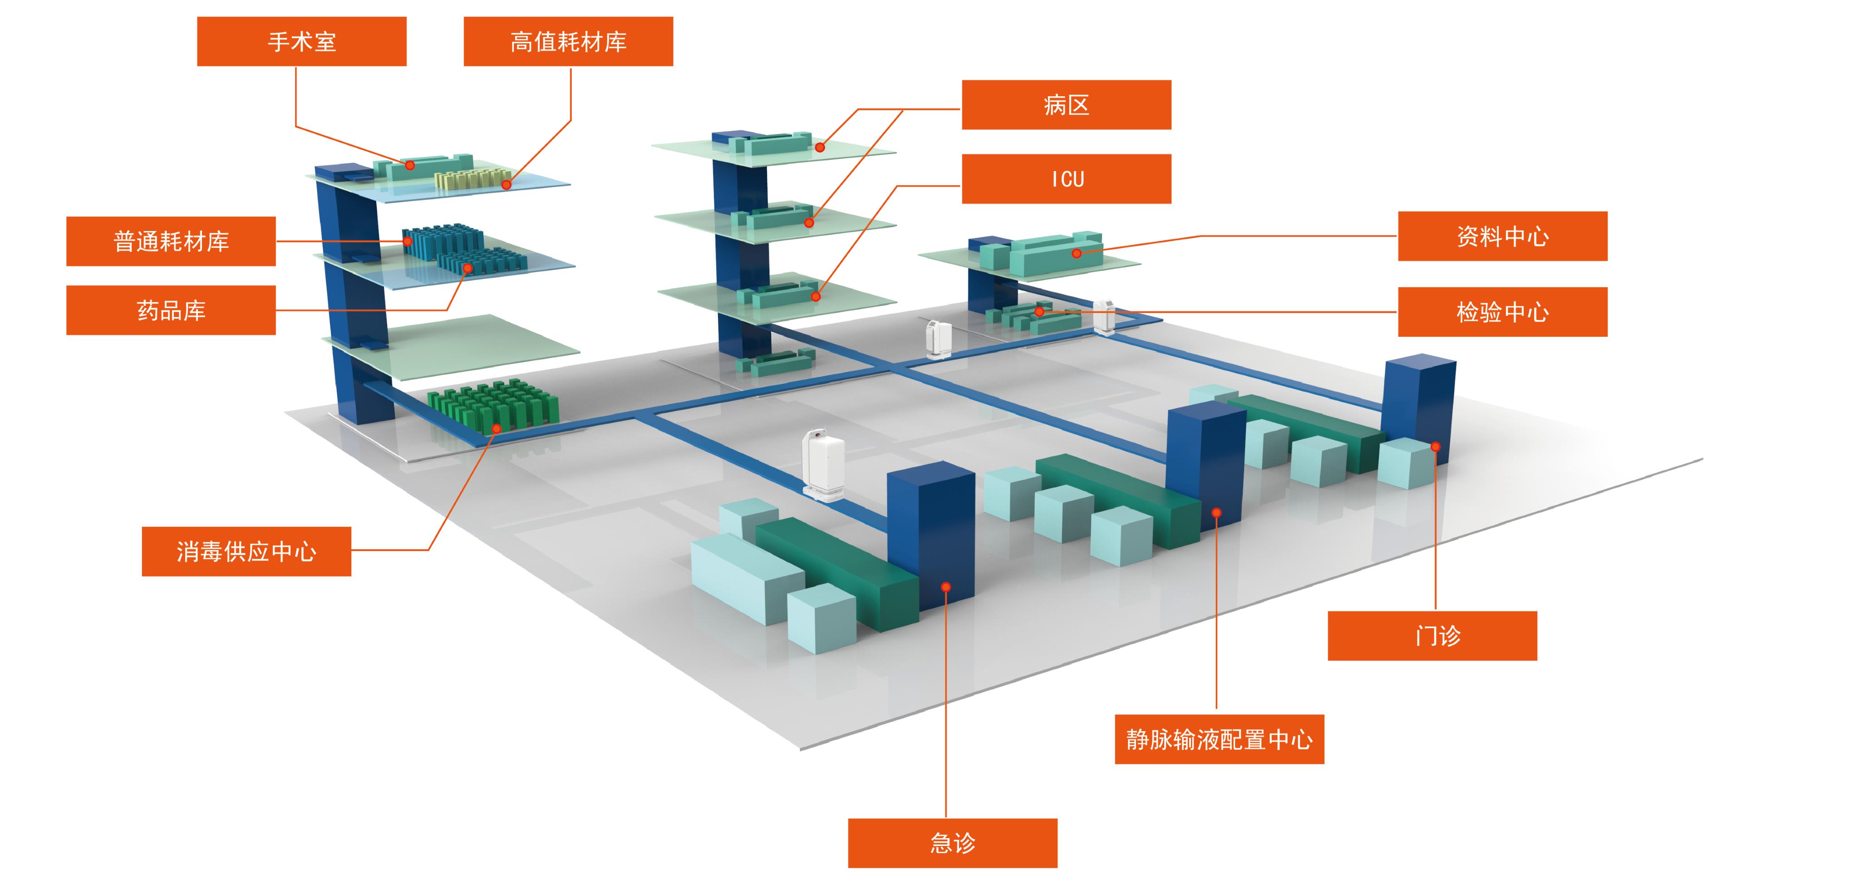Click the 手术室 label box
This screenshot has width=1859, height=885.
[302, 42]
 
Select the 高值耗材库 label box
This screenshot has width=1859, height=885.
[568, 42]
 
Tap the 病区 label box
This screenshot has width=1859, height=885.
[1066, 105]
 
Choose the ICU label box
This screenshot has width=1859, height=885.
[1066, 179]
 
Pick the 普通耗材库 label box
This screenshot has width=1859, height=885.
[171, 241]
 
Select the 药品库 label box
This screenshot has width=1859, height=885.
[171, 310]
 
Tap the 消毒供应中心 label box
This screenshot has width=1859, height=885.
[246, 551]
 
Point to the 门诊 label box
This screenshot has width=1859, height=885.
[1432, 636]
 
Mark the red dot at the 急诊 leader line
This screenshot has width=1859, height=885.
[946, 587]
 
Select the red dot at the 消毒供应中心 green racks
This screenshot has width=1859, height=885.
[497, 429]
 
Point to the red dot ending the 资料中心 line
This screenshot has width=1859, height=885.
[1076, 253]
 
